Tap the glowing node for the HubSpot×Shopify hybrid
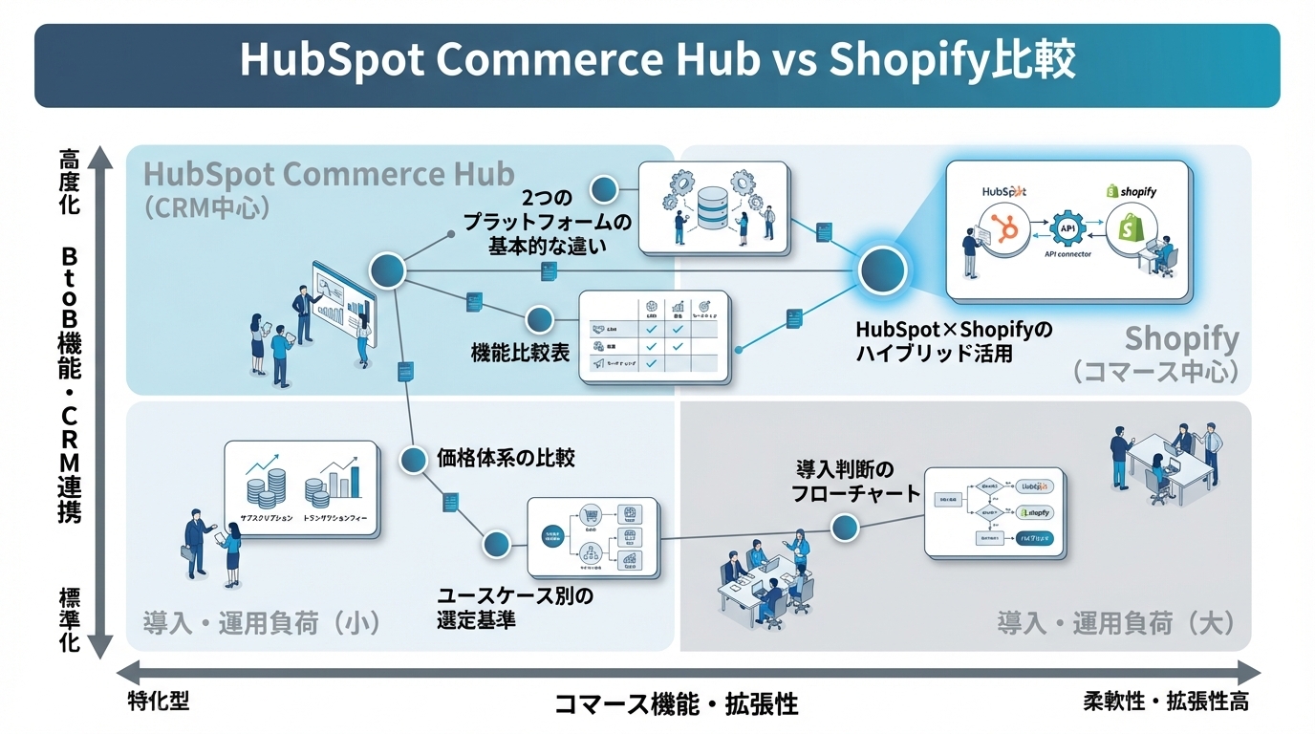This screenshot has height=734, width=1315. [882, 271]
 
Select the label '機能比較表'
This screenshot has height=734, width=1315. [521, 353]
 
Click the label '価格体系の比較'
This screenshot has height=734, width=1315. [506, 457]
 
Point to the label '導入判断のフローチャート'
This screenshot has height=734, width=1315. [844, 482]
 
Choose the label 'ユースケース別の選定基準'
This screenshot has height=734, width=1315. [515, 608]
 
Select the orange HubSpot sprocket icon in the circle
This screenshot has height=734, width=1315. [1005, 230]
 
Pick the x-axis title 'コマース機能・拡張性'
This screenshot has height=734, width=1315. [677, 705]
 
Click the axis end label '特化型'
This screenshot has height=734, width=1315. [159, 702]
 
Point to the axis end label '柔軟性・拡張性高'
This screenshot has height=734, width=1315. [1165, 702]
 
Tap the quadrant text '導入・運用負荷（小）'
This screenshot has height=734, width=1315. [262, 624]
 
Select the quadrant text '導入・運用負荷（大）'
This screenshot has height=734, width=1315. [1115, 624]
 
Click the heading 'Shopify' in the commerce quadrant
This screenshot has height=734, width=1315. [1181, 338]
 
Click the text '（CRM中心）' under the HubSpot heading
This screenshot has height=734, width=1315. [206, 207]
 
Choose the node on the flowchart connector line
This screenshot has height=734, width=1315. [844, 527]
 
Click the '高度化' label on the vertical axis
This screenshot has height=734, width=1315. [69, 180]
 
